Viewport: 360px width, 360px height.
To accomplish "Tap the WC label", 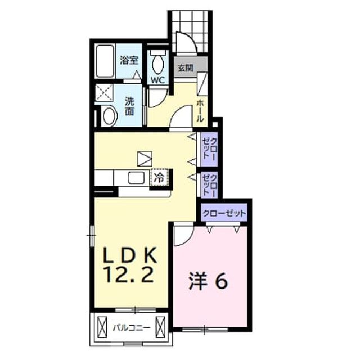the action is (157, 80).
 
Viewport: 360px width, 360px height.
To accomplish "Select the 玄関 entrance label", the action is (186, 68).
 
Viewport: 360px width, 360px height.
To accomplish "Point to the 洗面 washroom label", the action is (129, 106).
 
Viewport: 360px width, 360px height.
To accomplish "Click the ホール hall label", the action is (200, 111).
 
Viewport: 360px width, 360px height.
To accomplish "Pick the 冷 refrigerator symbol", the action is (159, 177).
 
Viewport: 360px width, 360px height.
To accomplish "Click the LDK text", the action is (130, 255).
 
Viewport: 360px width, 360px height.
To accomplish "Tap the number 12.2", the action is (129, 275).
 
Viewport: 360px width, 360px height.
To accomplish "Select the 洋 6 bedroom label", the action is (208, 281).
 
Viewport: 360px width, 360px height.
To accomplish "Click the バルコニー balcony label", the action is (131, 327).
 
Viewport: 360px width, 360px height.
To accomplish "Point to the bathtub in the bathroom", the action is (105, 61).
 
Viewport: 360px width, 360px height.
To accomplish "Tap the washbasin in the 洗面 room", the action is (109, 116).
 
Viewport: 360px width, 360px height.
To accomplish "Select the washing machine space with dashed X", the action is (104, 93).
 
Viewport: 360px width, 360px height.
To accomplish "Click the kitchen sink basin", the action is (136, 178).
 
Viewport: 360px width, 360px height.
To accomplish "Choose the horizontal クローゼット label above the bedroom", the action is (224, 214).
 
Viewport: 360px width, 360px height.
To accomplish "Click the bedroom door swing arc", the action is (186, 238).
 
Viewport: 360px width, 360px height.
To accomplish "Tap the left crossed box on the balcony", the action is (102, 327).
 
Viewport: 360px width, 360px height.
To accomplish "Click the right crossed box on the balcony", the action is (160, 327).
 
